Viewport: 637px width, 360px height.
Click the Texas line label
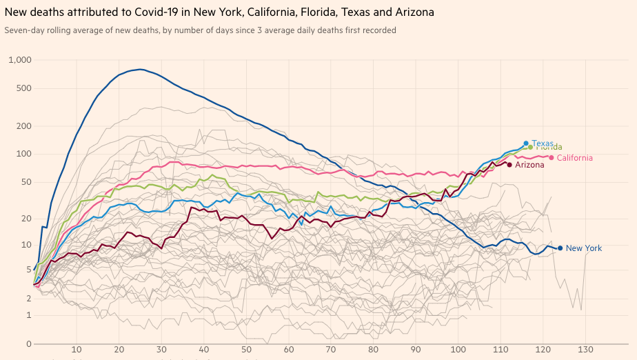click(543, 143)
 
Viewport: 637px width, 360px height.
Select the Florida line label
click(549, 148)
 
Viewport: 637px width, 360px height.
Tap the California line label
click(574, 158)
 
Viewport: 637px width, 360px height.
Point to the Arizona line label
click(529, 165)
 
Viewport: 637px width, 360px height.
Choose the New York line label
click(584, 248)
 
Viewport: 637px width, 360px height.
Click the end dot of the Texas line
click(526, 143)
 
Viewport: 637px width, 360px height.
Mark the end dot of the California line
click(551, 158)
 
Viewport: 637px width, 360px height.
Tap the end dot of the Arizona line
click(509, 165)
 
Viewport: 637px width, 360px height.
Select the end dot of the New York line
click(560, 248)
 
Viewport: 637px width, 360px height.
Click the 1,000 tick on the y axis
click(21, 61)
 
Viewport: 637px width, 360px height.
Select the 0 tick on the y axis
click(28, 343)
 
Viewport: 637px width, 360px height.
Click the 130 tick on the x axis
click(586, 348)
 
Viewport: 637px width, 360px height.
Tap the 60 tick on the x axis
click(289, 348)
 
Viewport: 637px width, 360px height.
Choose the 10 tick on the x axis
click(77, 348)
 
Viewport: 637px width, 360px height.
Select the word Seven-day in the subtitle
click(22, 30)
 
